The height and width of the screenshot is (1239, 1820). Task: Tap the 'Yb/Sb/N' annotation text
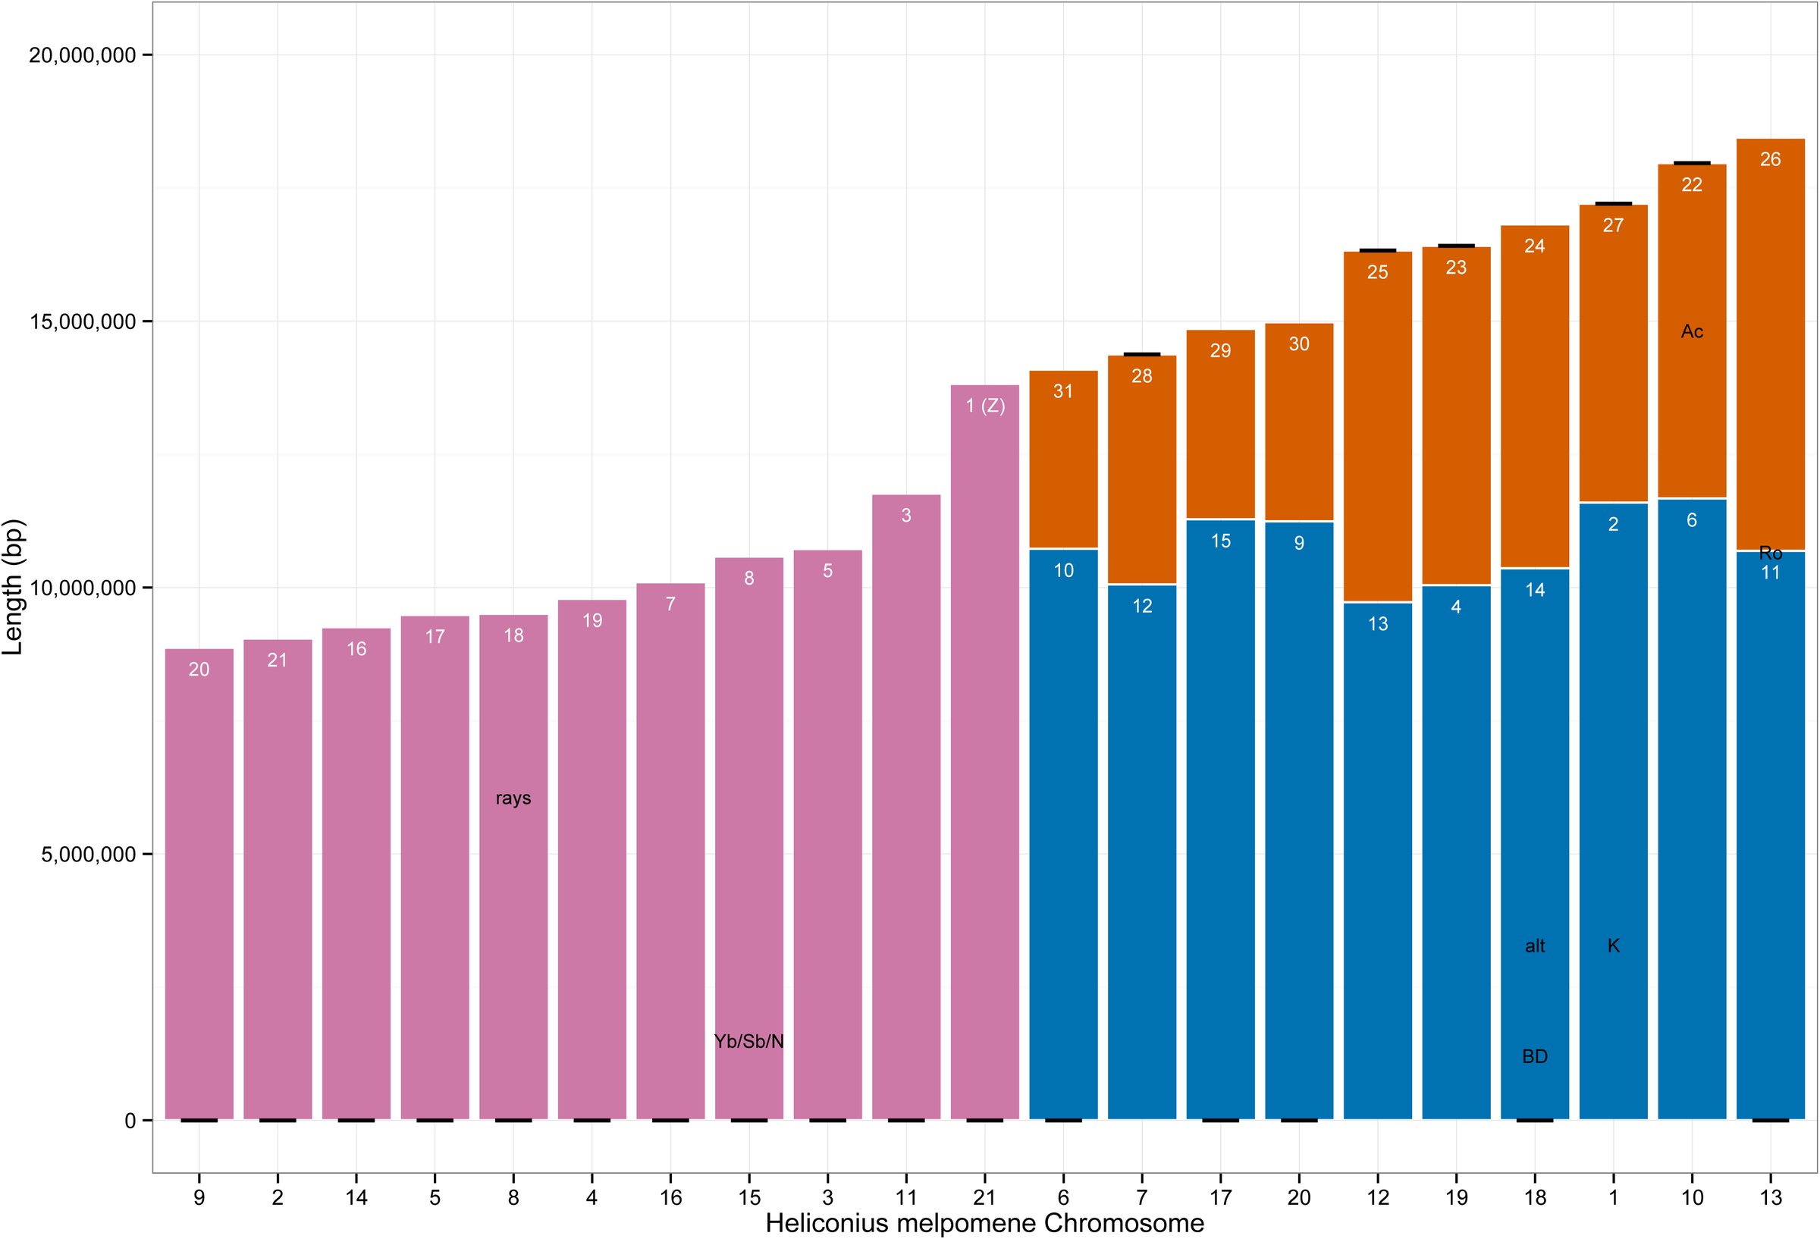(748, 1042)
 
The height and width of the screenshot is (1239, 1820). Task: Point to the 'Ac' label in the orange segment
(1692, 331)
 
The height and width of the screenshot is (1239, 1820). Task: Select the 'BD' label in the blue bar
(1534, 1056)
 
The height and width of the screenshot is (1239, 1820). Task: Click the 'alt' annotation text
(1535, 946)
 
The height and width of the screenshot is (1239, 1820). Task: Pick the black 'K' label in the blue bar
(1613, 946)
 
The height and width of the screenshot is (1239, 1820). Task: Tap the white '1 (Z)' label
(984, 406)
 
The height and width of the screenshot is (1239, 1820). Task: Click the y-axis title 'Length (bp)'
(14, 588)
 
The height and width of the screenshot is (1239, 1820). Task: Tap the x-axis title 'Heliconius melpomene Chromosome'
(984, 1223)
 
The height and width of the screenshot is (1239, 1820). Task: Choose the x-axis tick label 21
(984, 1197)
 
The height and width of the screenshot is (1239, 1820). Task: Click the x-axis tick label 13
(1770, 1197)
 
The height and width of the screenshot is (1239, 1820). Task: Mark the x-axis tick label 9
(199, 1197)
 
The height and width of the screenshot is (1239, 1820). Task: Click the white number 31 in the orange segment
(1062, 391)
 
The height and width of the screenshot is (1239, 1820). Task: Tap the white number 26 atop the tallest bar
(1770, 159)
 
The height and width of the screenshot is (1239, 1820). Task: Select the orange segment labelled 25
(1378, 427)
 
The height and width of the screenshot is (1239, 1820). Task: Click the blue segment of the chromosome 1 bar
(1613, 811)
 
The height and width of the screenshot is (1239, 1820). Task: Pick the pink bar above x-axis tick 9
(199, 884)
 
